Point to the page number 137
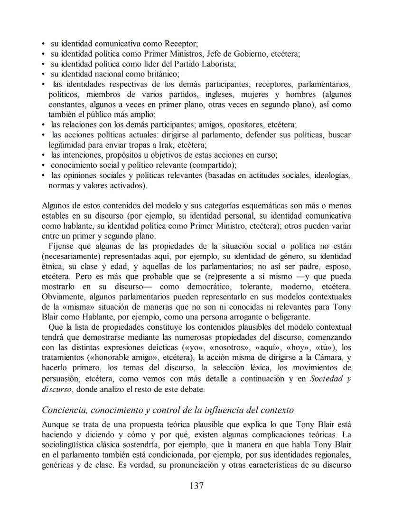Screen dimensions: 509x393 [196, 486]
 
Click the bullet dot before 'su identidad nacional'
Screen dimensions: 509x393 [44, 74]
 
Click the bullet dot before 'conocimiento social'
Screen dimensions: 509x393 [44, 165]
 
